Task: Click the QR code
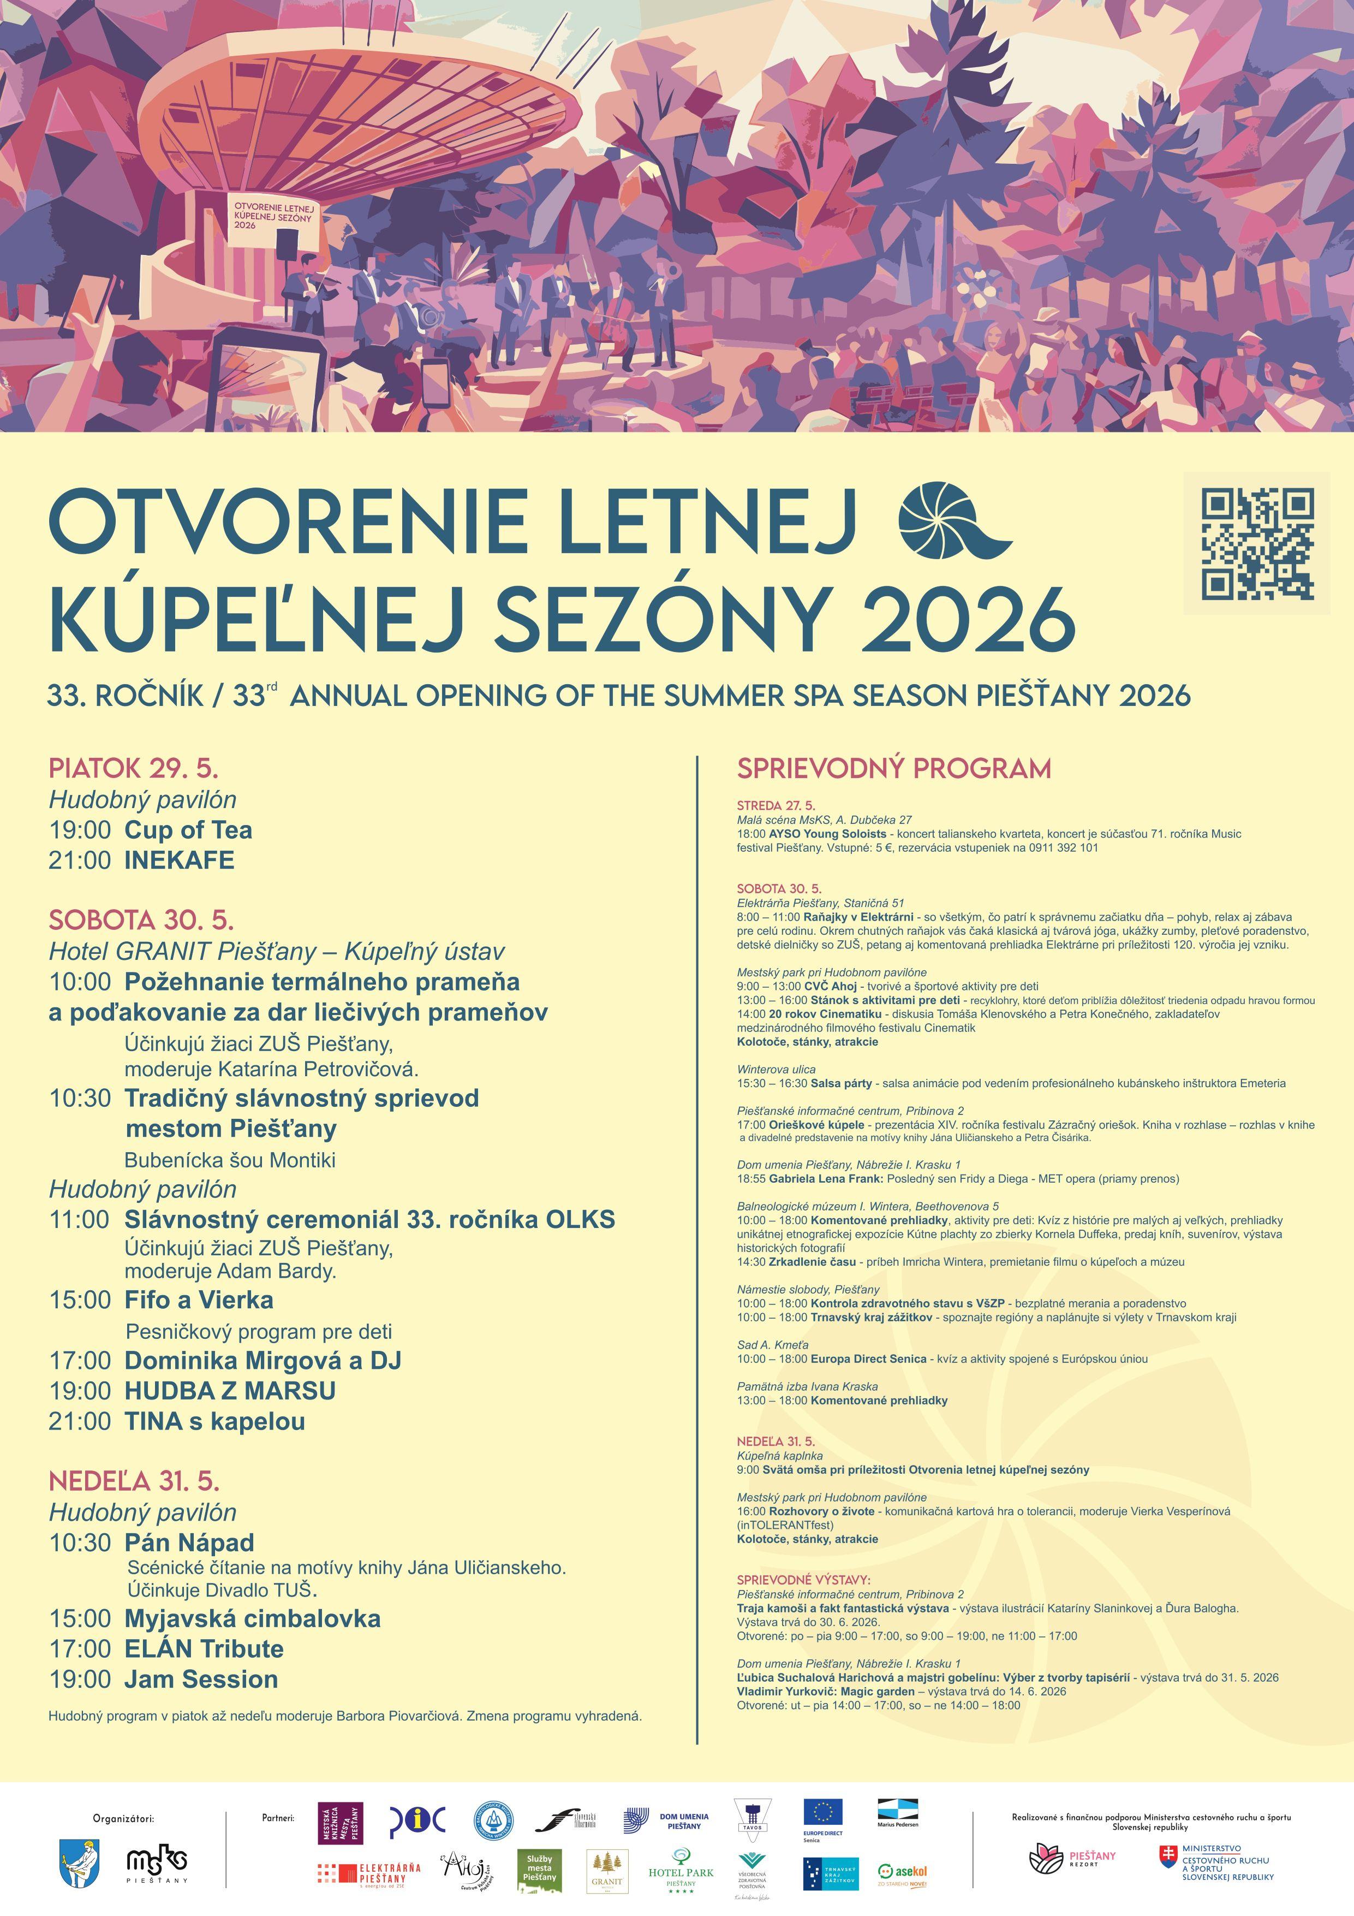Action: [x=1256, y=543]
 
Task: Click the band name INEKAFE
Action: [x=180, y=861]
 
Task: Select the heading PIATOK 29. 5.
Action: [x=134, y=768]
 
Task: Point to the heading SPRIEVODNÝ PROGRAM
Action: [x=893, y=768]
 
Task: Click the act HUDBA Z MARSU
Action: [x=230, y=1390]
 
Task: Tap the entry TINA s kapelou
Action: [x=214, y=1421]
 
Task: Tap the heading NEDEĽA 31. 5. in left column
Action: [x=134, y=1481]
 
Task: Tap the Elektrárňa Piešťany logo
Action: [x=369, y=1872]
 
